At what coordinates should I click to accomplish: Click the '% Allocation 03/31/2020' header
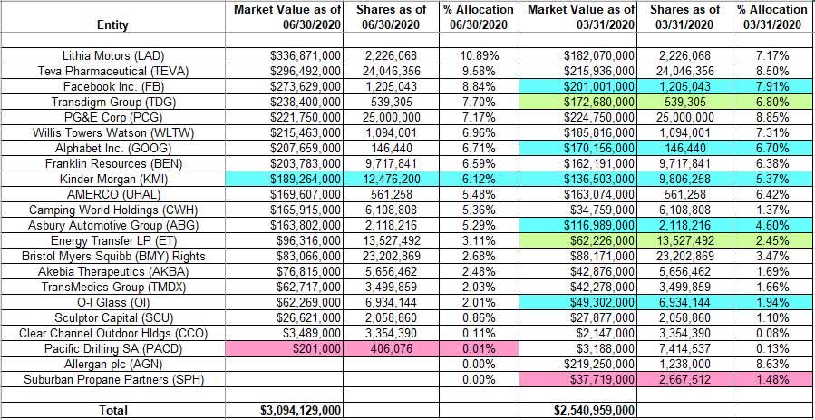tap(771, 17)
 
